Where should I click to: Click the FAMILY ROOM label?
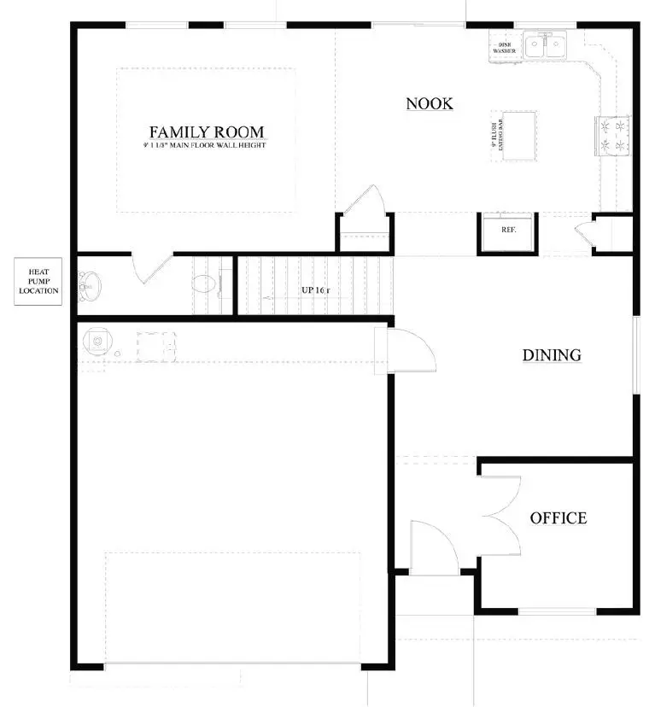click(x=207, y=132)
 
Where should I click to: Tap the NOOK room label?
click(x=429, y=104)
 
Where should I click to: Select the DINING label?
click(x=552, y=355)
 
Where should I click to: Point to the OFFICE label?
click(x=559, y=518)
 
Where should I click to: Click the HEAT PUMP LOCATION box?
click(x=39, y=283)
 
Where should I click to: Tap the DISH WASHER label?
click(x=503, y=47)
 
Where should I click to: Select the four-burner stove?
click(x=616, y=136)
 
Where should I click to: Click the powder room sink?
click(x=89, y=284)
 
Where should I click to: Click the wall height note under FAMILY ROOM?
click(x=206, y=146)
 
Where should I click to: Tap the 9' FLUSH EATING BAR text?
click(x=494, y=134)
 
